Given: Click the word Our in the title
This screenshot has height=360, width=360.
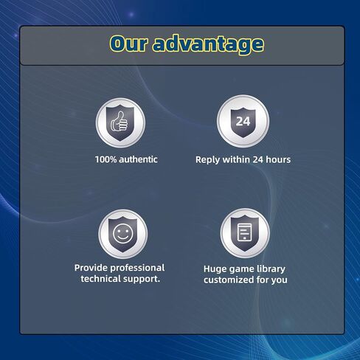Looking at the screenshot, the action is pyautogui.click(x=128, y=44).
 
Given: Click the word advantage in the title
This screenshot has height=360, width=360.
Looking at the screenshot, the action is pyautogui.click(x=208, y=44).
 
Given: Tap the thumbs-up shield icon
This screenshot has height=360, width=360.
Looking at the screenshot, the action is pyautogui.click(x=120, y=122).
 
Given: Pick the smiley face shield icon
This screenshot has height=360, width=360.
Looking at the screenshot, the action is pyautogui.click(x=123, y=234).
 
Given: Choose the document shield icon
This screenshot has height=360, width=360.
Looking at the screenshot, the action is pyautogui.click(x=245, y=233).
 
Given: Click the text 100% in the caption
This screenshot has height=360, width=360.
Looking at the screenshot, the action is pyautogui.click(x=105, y=159).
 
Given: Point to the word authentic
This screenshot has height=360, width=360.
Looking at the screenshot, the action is pyautogui.click(x=138, y=159).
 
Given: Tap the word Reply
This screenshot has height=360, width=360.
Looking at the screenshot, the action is pyautogui.click(x=207, y=160).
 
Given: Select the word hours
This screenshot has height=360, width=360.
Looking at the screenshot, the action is pyautogui.click(x=278, y=159).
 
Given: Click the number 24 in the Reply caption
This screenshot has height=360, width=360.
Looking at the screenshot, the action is pyautogui.click(x=257, y=159).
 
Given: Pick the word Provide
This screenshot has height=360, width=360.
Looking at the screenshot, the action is pyautogui.click(x=91, y=268).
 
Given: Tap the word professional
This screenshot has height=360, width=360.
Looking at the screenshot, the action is pyautogui.click(x=137, y=269).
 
